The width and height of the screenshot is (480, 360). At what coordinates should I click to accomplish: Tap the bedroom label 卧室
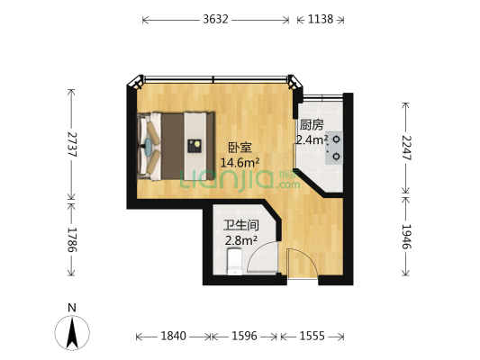coord(238,147)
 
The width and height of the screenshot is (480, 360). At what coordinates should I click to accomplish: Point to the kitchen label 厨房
coord(311,125)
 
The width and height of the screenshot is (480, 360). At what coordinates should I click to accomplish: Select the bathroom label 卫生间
coord(241,226)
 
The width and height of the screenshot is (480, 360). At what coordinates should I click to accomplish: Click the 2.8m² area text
coord(241,241)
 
